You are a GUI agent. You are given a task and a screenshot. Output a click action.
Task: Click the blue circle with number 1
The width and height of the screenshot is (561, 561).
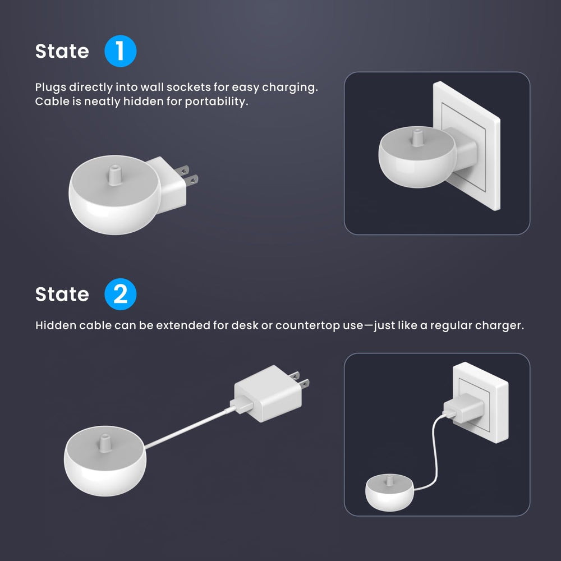tap(121, 52)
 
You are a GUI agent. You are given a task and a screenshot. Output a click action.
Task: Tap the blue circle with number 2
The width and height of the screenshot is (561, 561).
tap(121, 295)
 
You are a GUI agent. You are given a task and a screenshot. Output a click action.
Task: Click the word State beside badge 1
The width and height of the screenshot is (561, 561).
tap(62, 52)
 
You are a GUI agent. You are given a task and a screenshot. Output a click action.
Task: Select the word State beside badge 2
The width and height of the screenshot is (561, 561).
tap(62, 295)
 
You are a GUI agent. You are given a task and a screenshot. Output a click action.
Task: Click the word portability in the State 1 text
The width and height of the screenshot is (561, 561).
tap(219, 102)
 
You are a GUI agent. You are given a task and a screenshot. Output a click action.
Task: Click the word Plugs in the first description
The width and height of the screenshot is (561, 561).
tap(50, 88)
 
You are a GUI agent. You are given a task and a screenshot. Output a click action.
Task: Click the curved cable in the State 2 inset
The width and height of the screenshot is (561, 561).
tap(435, 449)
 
